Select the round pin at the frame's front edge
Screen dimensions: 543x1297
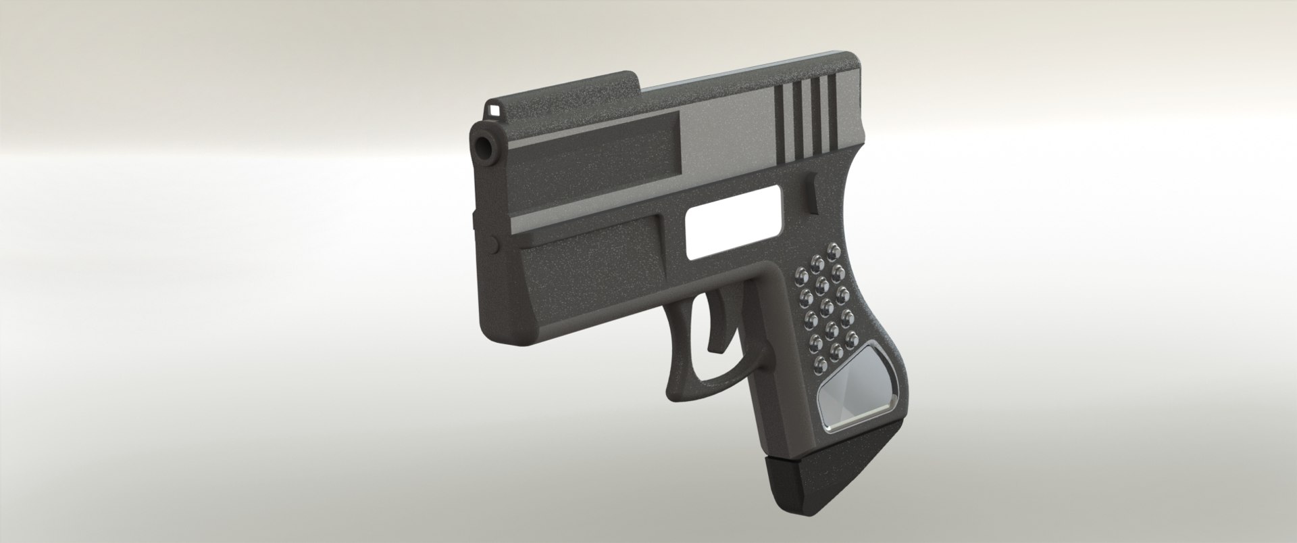491,241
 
